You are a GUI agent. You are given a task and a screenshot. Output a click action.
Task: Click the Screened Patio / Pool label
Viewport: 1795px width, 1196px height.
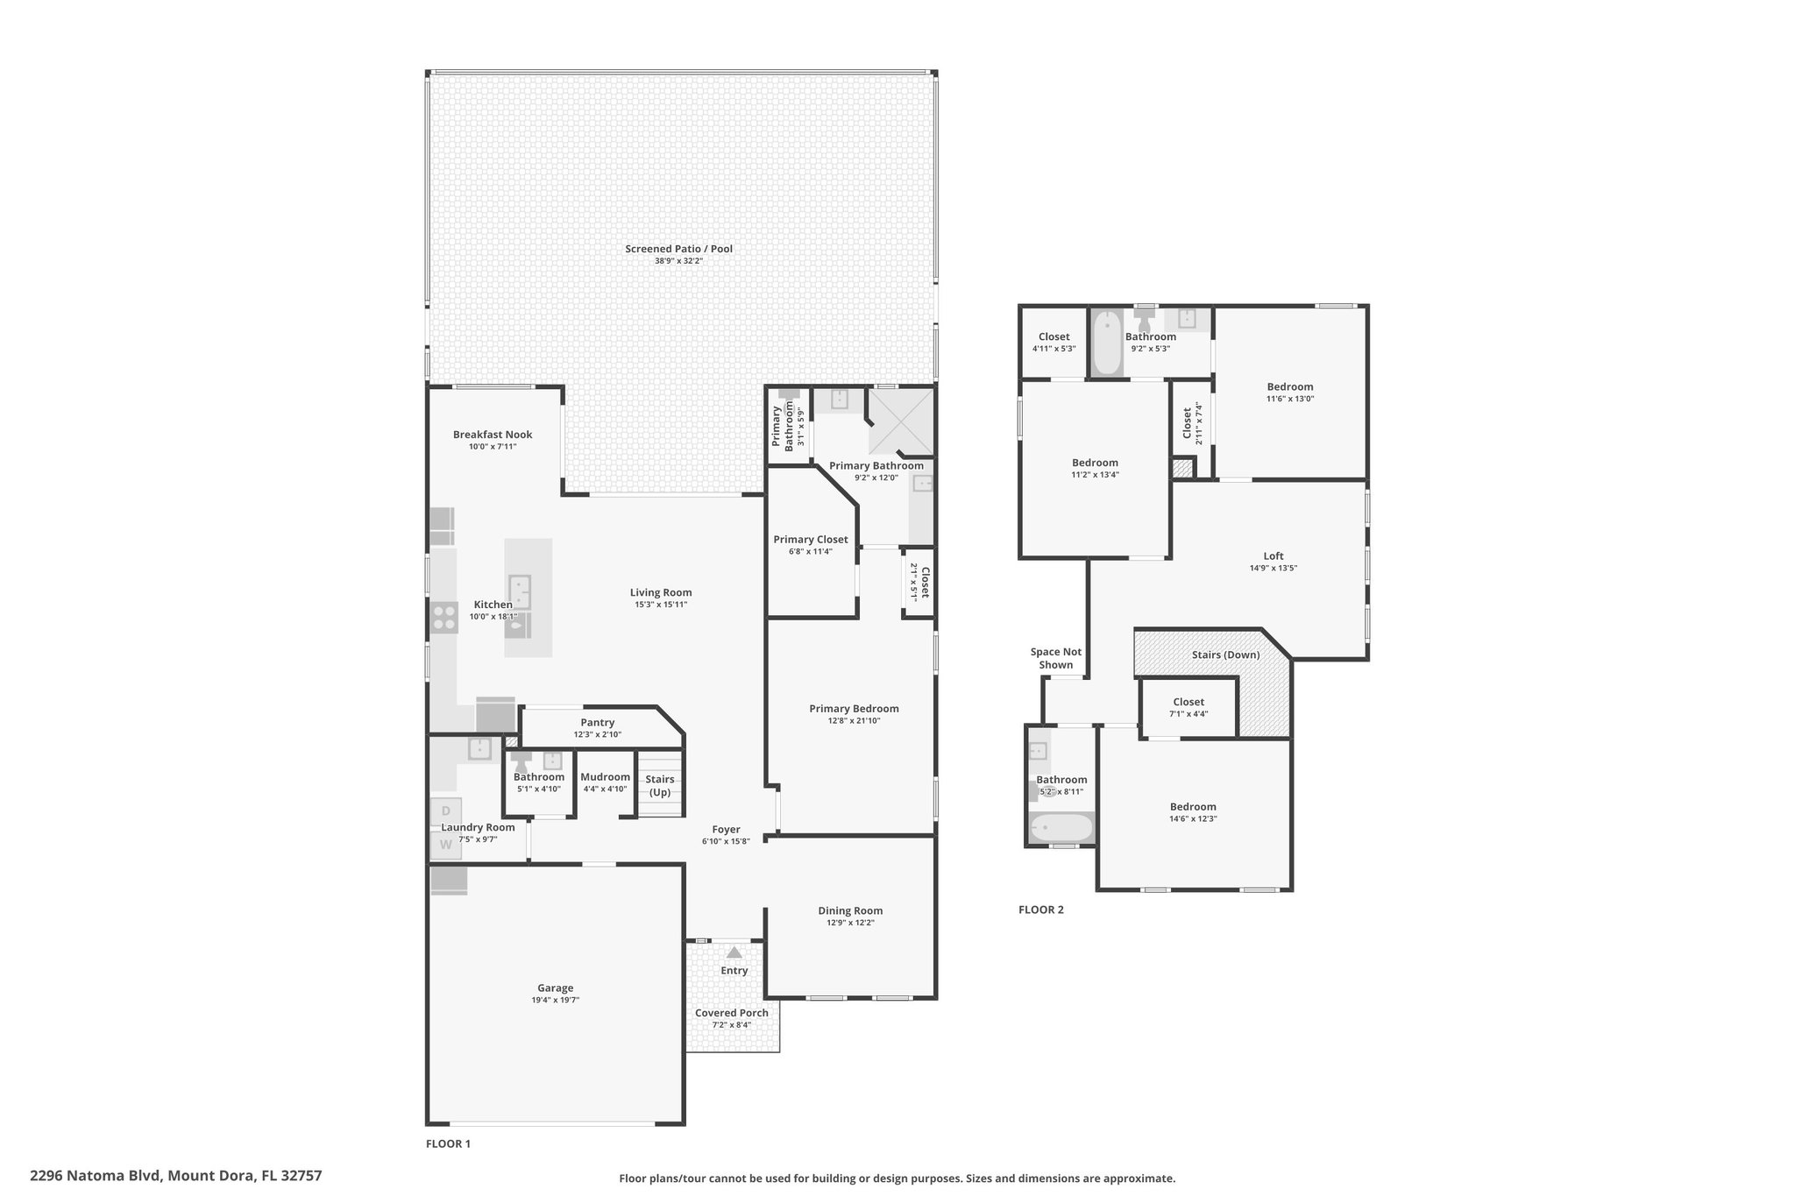click(x=678, y=249)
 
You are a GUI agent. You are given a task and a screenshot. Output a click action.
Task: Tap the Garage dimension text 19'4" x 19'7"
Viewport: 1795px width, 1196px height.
click(x=555, y=1000)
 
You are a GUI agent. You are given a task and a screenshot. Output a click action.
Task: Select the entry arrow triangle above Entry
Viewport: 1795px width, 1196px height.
click(x=734, y=952)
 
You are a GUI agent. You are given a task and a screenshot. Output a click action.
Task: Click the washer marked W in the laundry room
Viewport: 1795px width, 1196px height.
click(x=445, y=845)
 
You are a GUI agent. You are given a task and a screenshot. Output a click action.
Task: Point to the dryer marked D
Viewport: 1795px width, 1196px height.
click(x=445, y=811)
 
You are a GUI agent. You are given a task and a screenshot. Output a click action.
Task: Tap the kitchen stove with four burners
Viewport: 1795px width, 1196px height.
click(x=444, y=617)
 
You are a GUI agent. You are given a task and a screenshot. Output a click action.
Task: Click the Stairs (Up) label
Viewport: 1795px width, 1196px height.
click(x=659, y=785)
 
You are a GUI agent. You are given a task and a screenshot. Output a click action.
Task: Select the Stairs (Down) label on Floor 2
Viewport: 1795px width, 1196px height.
click(x=1225, y=655)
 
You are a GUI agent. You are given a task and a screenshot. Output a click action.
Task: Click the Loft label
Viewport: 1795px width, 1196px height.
click(x=1274, y=556)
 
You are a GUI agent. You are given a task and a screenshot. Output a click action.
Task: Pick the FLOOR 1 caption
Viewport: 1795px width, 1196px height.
click(x=448, y=1143)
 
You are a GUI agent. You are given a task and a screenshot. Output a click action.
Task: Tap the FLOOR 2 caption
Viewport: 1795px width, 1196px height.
click(x=1041, y=909)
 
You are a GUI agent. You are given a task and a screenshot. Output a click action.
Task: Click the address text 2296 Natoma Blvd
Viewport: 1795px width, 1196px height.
click(x=96, y=1176)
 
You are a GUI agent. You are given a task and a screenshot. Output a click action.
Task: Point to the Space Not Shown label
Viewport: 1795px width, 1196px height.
click(x=1056, y=658)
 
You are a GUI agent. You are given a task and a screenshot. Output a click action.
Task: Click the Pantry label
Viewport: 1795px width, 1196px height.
click(x=597, y=723)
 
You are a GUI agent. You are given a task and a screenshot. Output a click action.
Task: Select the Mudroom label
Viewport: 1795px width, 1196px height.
click(x=605, y=777)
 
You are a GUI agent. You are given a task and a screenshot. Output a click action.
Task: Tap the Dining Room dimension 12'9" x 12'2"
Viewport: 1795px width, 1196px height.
click(x=850, y=923)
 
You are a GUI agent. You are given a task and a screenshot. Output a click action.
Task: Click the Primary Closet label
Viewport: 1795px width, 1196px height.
click(x=811, y=540)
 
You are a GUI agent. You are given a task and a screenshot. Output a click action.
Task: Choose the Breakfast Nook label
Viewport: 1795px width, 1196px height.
click(x=493, y=435)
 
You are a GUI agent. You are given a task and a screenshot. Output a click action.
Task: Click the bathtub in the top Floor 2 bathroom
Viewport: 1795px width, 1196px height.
click(x=1108, y=343)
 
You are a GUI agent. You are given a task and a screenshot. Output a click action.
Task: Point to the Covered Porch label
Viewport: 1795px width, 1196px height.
click(x=732, y=1013)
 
